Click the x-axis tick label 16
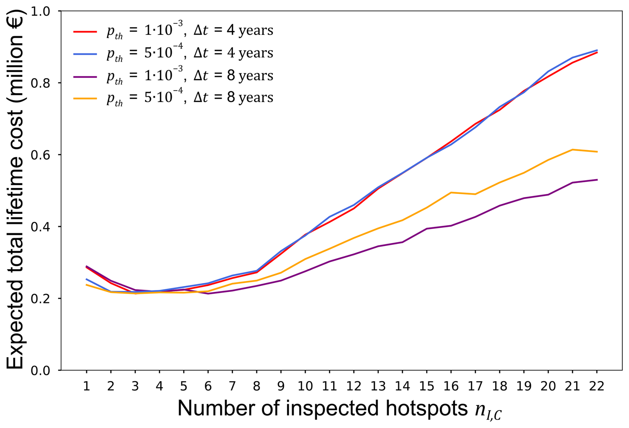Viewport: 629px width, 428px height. (x=451, y=386)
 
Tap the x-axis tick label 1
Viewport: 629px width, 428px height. (x=86, y=386)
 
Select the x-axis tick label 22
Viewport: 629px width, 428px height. (x=597, y=386)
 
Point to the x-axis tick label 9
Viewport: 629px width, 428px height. (x=281, y=386)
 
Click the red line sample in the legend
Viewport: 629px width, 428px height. (x=85, y=32)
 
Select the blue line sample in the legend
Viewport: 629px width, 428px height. (x=85, y=54)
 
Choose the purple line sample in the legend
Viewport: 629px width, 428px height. (x=85, y=77)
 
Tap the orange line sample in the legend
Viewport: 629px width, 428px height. (x=85, y=99)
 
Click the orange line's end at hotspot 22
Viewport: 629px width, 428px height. (x=597, y=152)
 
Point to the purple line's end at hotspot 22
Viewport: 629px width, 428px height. (x=597, y=180)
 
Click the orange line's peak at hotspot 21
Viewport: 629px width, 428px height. (x=572, y=150)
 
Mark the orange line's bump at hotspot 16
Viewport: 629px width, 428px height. (x=451, y=193)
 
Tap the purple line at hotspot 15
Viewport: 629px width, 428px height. (x=427, y=229)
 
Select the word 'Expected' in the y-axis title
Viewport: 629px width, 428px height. (x=15, y=326)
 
